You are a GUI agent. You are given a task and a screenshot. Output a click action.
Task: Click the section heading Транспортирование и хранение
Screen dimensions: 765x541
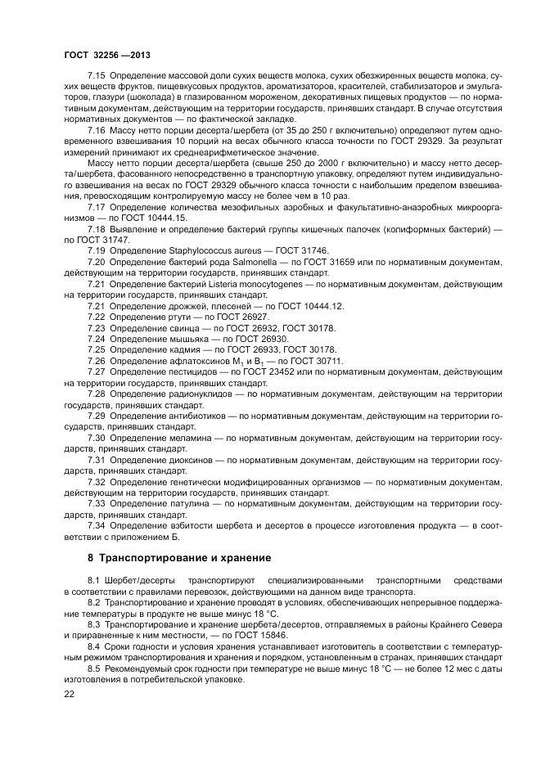185,557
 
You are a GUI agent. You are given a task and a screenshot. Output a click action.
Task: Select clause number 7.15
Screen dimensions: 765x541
97,76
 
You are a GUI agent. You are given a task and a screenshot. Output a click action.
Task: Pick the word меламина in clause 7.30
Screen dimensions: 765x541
187,438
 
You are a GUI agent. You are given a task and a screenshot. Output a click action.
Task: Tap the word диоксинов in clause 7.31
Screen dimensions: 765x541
188,461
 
